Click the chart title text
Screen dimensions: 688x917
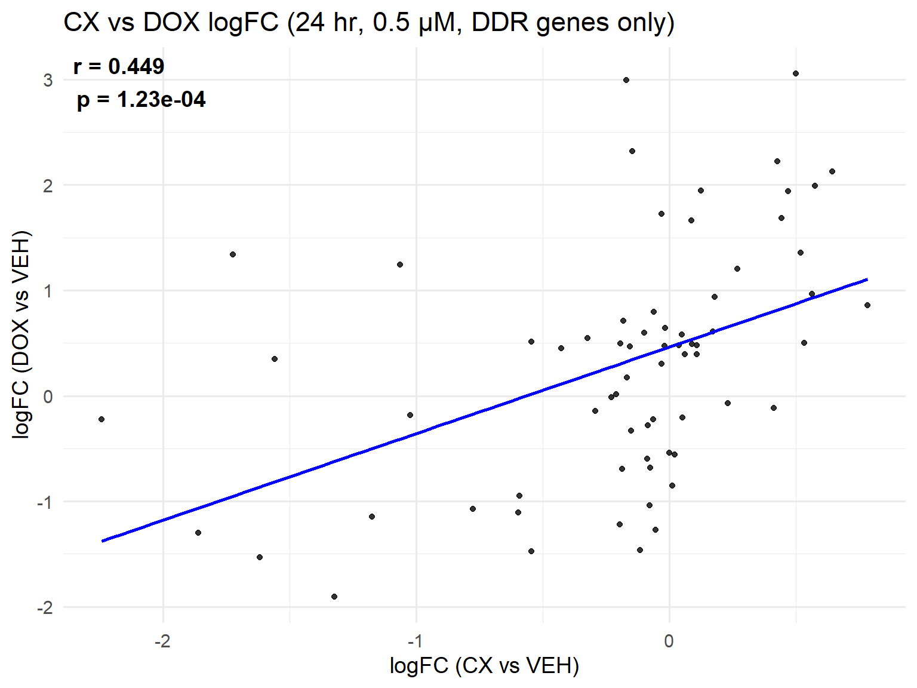tap(368, 23)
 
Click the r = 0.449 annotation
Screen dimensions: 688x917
tap(119, 66)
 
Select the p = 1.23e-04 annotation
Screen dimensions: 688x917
tap(141, 99)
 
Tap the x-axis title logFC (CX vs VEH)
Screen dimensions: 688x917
tap(484, 665)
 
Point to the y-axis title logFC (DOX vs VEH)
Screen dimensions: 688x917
tap(21, 334)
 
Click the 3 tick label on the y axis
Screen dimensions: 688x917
tap(48, 80)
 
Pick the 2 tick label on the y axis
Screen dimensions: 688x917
tap(48, 186)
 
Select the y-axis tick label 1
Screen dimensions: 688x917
tap(48, 291)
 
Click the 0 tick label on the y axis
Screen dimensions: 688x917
tap(48, 397)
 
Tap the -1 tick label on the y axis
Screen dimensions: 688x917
tap(45, 502)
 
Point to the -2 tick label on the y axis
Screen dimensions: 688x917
tap(45, 608)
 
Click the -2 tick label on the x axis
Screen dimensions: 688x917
tap(162, 641)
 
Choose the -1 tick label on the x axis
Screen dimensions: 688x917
tap(415, 641)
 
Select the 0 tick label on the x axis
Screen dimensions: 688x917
tap(669, 641)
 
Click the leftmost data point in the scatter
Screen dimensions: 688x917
tap(101, 419)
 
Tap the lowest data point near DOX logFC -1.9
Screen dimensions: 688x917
tap(334, 597)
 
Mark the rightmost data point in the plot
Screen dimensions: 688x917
tap(867, 305)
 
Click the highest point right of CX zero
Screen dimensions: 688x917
tap(796, 73)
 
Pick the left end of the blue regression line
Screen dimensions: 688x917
tap(103, 540)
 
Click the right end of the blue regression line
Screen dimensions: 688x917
tap(867, 279)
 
